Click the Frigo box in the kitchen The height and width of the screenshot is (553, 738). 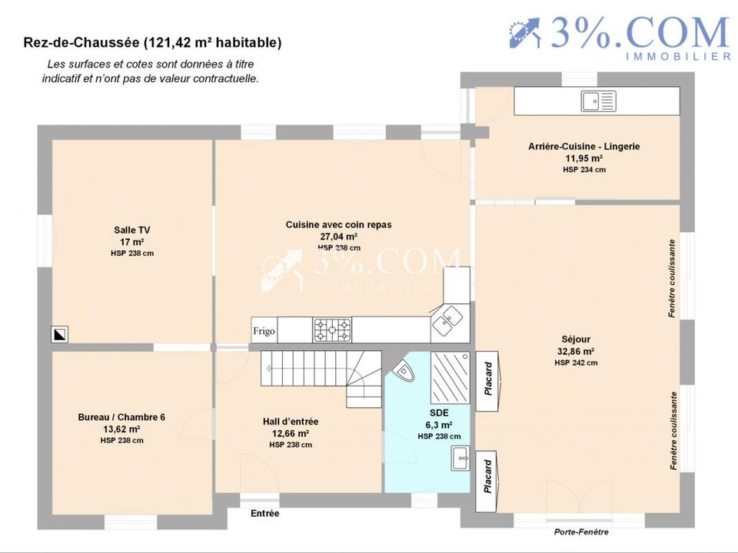(x=264, y=330)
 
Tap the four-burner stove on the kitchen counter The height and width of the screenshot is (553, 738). (x=332, y=329)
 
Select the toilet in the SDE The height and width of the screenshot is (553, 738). (x=404, y=370)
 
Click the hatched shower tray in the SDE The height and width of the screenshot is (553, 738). (x=450, y=377)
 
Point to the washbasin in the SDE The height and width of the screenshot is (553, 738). (x=460, y=458)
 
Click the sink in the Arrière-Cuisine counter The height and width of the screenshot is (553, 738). (x=598, y=101)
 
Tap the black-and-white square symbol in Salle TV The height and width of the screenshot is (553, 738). (x=60, y=334)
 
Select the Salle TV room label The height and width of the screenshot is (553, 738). (x=132, y=230)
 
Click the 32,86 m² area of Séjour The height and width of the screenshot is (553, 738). (x=576, y=351)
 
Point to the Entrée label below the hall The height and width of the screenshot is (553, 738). (x=265, y=514)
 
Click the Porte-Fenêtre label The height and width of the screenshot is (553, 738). (x=581, y=531)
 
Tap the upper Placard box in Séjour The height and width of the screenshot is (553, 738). (x=487, y=381)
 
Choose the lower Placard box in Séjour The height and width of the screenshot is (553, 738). (x=487, y=482)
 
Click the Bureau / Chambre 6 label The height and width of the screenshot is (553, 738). (x=121, y=417)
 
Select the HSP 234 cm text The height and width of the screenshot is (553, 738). (x=584, y=170)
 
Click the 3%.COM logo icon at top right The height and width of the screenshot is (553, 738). (x=526, y=33)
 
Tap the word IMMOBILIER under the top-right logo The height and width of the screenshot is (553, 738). (x=678, y=56)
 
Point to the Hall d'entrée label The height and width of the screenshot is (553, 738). (x=291, y=422)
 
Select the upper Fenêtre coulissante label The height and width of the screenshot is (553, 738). (x=672, y=278)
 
